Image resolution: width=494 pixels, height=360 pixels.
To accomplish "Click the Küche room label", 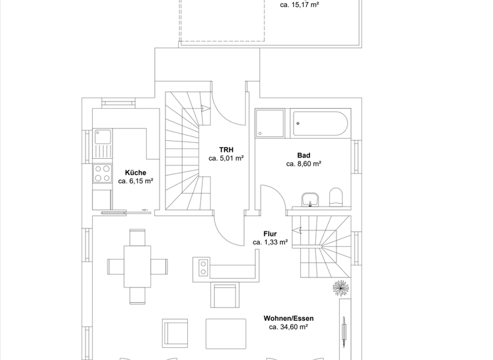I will (x=135, y=172).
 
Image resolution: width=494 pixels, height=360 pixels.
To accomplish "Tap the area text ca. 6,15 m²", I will (x=135, y=181).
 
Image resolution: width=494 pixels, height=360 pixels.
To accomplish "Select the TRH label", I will (x=226, y=149).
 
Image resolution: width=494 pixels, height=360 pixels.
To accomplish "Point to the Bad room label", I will (x=304, y=155).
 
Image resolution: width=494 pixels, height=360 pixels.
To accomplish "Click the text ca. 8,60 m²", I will (x=304, y=164).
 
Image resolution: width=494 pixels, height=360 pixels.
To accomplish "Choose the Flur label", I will (x=270, y=233).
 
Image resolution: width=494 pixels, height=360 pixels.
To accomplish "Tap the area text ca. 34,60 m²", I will (x=288, y=327).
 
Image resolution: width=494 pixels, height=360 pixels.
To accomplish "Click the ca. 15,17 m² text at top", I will (x=300, y=5).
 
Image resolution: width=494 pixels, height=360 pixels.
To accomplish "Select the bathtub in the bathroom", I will (x=320, y=123).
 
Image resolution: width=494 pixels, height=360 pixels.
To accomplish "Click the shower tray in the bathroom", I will (x=270, y=123).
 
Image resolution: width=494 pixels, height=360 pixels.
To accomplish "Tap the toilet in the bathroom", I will (x=336, y=196).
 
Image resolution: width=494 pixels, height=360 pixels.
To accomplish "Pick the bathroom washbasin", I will (x=310, y=199).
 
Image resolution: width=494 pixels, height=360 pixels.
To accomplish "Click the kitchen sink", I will (x=103, y=136).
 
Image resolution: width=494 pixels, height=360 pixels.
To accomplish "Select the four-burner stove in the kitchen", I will (x=103, y=174).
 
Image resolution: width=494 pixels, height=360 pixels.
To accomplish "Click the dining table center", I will (x=138, y=266).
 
